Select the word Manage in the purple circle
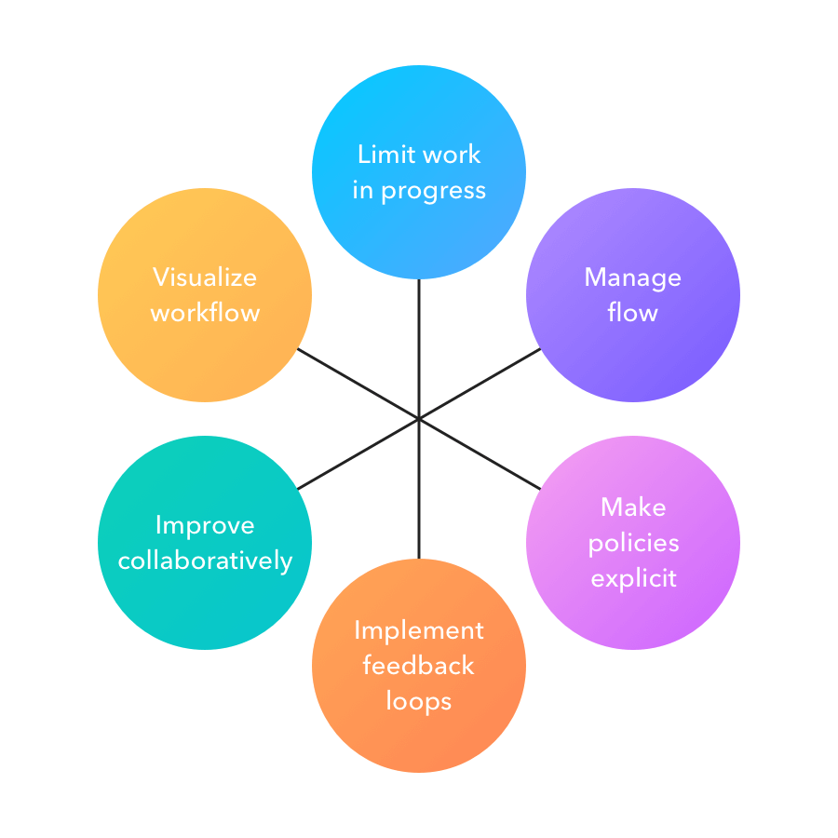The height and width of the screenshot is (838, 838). point(632,277)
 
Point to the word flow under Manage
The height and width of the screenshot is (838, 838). point(632,313)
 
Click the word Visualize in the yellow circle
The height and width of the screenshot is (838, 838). point(205,277)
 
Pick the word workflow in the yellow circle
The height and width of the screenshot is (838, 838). point(205,313)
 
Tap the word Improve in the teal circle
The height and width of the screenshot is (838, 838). point(205,525)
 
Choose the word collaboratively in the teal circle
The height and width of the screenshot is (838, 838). point(205,561)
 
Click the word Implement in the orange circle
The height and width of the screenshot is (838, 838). point(419,630)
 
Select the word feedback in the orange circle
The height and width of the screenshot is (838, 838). point(419,666)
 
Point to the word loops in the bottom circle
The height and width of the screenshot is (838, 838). point(419,700)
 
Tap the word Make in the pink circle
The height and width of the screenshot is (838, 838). point(633,507)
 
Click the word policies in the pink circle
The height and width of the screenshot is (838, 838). point(633,543)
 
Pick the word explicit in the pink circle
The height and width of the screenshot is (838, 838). point(633,578)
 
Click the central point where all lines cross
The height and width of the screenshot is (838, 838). point(419,418)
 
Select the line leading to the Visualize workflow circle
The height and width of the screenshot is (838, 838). point(358,384)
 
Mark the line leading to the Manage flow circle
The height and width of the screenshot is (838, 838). point(480,384)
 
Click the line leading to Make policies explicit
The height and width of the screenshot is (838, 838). point(480,453)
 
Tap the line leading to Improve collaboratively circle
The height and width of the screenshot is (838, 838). point(358,453)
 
